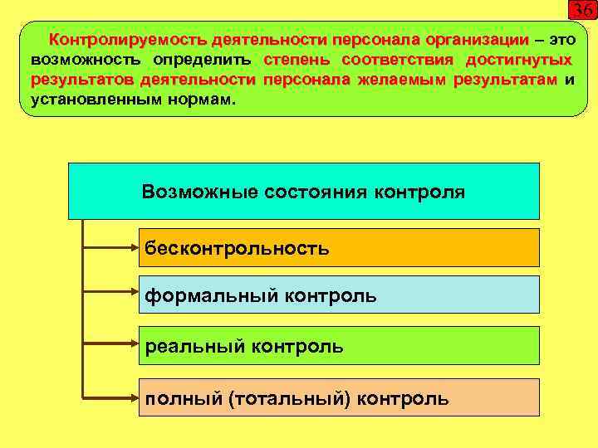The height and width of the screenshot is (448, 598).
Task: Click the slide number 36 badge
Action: coord(581,11)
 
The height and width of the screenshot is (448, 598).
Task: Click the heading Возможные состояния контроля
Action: coord(303,192)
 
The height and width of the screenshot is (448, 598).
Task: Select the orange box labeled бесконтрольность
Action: coord(338,247)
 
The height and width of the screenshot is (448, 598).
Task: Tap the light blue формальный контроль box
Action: coord(338,295)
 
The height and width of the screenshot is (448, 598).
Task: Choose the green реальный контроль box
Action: coord(338,345)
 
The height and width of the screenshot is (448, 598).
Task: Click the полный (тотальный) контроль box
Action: coord(338,397)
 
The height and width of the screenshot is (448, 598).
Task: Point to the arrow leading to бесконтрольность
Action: coord(112,247)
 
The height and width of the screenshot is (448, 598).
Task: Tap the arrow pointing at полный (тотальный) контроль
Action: coord(112,397)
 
